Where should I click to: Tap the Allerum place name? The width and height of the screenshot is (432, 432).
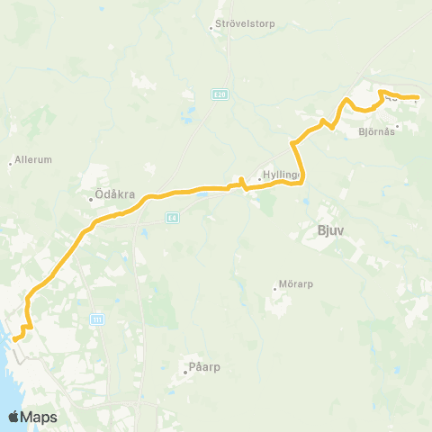(x=33, y=159)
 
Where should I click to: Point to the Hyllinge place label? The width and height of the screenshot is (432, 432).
(x=281, y=175)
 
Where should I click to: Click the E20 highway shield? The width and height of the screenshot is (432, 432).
(x=220, y=94)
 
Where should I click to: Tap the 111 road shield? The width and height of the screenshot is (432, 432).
(x=97, y=318)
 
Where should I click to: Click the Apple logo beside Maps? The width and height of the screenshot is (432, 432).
(x=14, y=417)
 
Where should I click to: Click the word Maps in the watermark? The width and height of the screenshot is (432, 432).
(x=39, y=417)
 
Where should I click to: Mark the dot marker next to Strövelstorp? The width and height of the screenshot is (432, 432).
(x=211, y=28)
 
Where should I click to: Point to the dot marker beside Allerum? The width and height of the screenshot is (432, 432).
(x=11, y=164)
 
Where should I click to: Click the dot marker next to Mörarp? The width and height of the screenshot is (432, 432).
(x=275, y=288)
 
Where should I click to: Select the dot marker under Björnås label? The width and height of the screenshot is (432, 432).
(x=396, y=125)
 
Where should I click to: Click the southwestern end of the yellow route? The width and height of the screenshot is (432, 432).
(x=13, y=340)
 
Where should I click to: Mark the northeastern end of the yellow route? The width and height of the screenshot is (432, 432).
(x=418, y=96)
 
